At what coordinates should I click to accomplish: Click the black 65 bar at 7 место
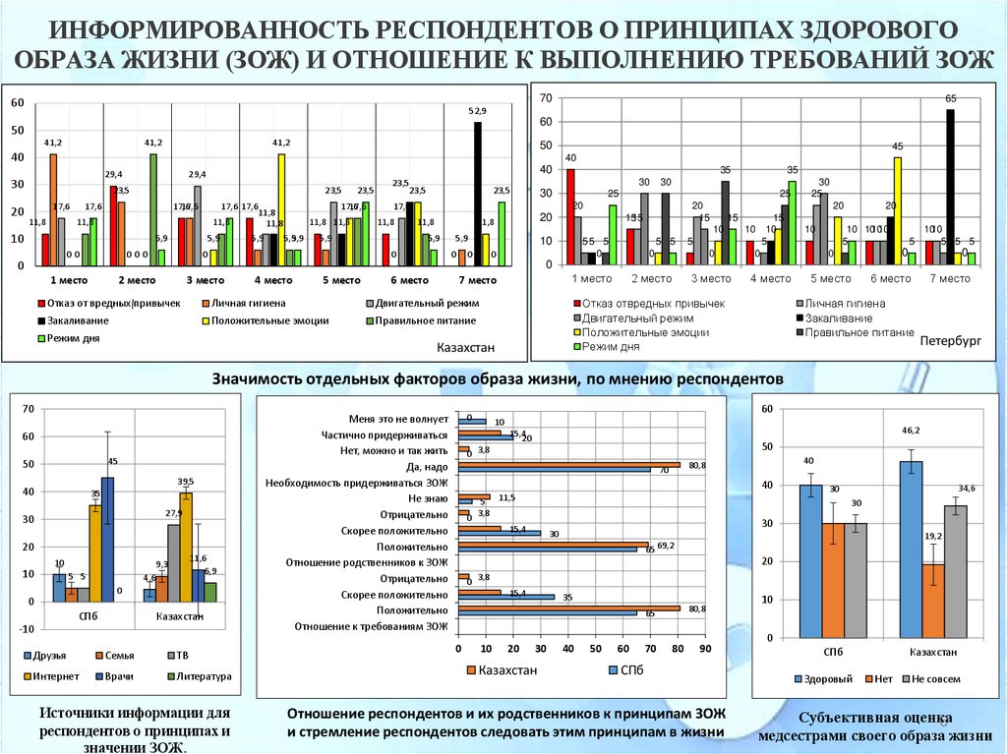click(950, 187)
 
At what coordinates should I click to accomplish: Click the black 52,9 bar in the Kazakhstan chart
click(478, 194)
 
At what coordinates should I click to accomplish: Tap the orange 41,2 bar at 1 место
click(53, 209)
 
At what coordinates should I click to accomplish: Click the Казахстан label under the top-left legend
click(466, 348)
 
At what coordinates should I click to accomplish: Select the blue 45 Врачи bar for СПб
click(107, 539)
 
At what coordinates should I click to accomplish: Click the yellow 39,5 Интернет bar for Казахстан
click(186, 547)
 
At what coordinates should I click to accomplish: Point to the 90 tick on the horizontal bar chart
click(704, 649)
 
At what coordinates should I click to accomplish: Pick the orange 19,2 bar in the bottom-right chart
click(934, 602)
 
